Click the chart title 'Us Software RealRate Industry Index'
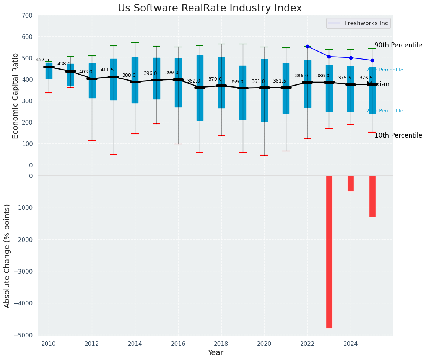coord(210,8)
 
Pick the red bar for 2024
coord(351,183)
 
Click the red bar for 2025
coord(372,196)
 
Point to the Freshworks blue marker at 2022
coord(307,46)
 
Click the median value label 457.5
coord(42,60)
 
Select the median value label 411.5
coord(107,70)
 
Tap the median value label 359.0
coord(237,82)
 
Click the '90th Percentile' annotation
coord(398,45)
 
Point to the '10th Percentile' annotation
coord(398,135)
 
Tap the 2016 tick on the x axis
coord(178,344)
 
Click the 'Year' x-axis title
coord(216,353)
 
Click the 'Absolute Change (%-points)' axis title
coord(7,256)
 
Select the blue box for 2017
coord(200,88)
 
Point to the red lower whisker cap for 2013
coord(114,154)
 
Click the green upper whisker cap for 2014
coord(135,42)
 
